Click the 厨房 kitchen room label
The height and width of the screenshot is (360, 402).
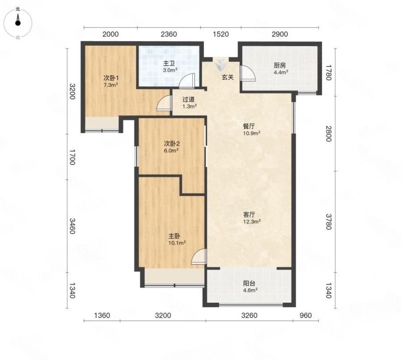click(280, 66)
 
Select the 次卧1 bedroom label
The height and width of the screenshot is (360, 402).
click(111, 78)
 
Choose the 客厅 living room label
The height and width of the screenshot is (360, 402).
click(249, 215)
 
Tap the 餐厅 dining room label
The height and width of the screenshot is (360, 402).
click(249, 126)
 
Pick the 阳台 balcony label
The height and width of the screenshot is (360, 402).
click(249, 283)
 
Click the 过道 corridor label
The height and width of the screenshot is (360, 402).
click(188, 99)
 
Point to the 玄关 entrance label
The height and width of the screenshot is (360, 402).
click(228, 77)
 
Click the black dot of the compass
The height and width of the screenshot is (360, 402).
click(18, 23)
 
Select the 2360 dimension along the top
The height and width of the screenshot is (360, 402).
click(169, 34)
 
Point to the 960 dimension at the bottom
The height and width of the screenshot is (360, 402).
click(306, 315)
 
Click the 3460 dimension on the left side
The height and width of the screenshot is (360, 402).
click(72, 226)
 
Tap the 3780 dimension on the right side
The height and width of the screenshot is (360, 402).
click(329, 222)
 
